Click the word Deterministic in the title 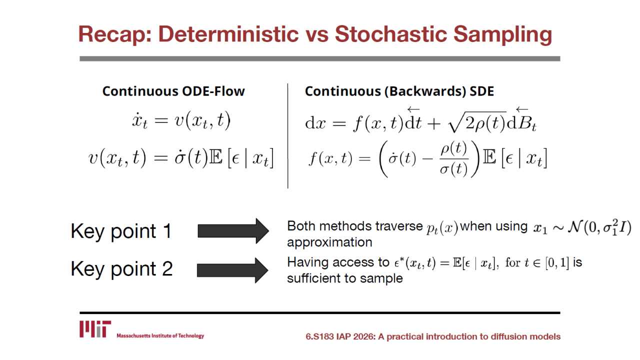point(228,34)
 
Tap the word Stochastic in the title point(390,34)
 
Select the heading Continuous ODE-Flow point(173,91)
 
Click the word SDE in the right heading point(481,91)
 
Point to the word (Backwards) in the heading point(425,91)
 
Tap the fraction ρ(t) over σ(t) point(453,158)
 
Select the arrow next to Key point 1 point(233,231)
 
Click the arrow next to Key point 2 point(232,270)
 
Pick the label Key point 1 point(121,231)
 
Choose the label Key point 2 point(121,269)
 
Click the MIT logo point(95,329)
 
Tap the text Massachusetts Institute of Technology point(160,335)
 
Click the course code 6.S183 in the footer point(319,336)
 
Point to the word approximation point(329,242)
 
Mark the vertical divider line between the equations point(287,135)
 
